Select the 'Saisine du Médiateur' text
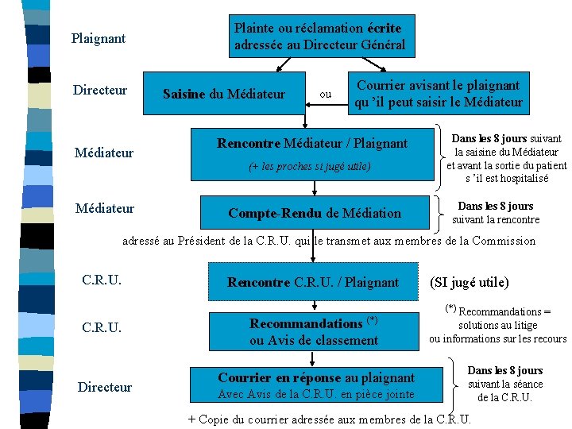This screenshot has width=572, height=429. click(x=223, y=95)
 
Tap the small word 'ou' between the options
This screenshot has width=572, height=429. click(x=325, y=95)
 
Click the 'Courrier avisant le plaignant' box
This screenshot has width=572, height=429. click(x=438, y=94)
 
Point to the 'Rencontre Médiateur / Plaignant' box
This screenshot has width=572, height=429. click(x=312, y=144)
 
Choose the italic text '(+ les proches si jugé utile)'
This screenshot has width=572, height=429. click(x=309, y=167)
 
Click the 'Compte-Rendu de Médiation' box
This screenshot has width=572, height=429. click(x=315, y=213)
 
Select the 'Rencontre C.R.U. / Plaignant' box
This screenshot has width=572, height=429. click(x=313, y=282)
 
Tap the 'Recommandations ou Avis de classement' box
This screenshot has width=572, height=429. click(x=314, y=332)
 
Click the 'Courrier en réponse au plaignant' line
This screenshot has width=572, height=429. click(x=316, y=378)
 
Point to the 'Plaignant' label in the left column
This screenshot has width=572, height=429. click(x=99, y=38)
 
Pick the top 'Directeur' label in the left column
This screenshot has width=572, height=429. click(x=100, y=91)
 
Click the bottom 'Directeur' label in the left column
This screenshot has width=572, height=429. click(x=105, y=387)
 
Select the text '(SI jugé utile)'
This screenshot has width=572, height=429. click(x=469, y=282)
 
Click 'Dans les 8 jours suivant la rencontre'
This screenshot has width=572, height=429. click(x=495, y=213)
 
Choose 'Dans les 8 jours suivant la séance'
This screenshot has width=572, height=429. click(x=504, y=384)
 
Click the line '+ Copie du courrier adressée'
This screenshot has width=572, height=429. click(x=329, y=419)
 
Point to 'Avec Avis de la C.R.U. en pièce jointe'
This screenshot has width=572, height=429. click(x=315, y=395)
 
